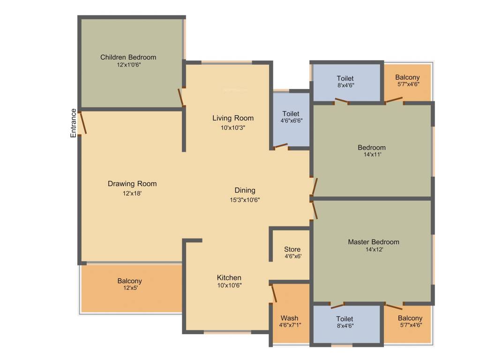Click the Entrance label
coord(74,123)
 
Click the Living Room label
coord(233,118)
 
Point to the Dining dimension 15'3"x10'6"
coord(245,199)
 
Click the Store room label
coord(292,249)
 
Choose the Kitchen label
coord(229,277)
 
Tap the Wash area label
coord(290,318)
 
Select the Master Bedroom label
coord(374,242)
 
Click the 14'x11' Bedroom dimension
coord(372,155)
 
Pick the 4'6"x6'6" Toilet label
coord(291,113)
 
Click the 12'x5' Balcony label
coord(129,281)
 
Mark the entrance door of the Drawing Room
coord(82,123)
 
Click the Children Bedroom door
coord(180,97)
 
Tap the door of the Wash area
coord(274,293)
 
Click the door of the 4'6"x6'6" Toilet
coord(280,146)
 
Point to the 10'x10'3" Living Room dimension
coord(233,127)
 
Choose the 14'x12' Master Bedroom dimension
coord(374,250)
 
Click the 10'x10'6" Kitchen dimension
coord(229,285)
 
